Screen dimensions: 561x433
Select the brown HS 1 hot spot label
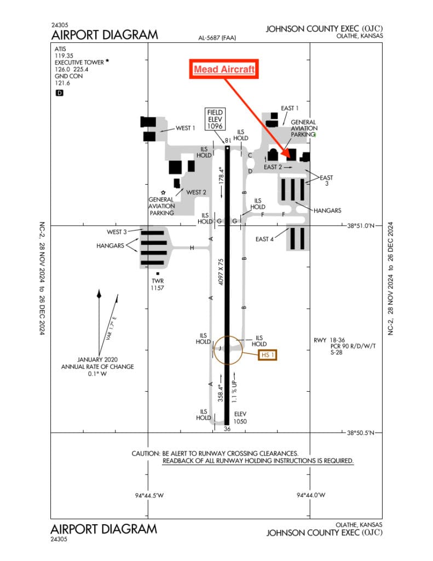(268, 355)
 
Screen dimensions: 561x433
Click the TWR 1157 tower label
(158, 284)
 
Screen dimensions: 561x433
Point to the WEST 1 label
(186, 128)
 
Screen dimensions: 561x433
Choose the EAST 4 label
(265, 239)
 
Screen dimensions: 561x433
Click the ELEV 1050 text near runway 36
(241, 418)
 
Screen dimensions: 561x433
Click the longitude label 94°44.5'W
(149, 495)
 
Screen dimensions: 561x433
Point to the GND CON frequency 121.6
(61, 84)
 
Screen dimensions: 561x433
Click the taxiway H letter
(192, 248)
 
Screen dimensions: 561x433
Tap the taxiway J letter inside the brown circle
(220, 348)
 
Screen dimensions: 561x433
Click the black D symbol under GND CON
(60, 93)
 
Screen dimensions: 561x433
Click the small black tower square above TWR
(158, 273)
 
